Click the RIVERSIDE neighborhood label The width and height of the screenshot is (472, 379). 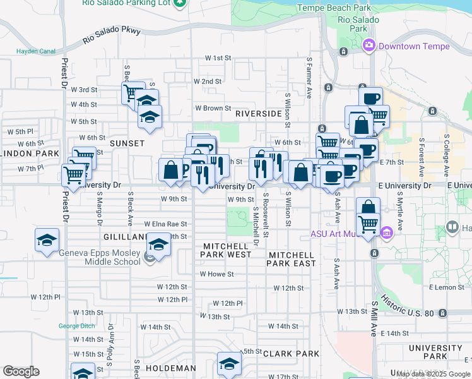point(257,114)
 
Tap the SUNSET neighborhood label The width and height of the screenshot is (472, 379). point(127,143)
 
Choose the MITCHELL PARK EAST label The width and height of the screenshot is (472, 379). point(292,259)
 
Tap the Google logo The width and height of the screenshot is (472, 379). point(20,371)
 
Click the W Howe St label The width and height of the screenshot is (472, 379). point(216,274)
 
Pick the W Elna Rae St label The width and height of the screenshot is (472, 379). point(165,224)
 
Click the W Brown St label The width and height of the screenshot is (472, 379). point(208,108)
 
